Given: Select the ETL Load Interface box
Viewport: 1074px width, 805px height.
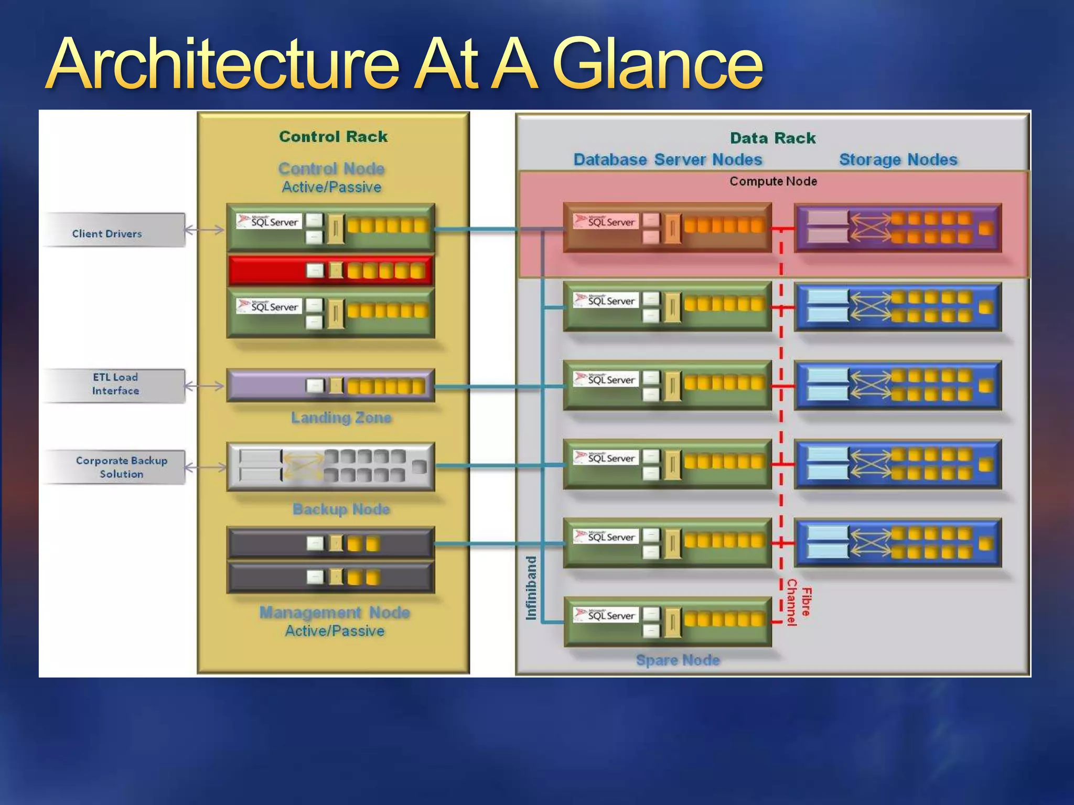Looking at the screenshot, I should (115, 385).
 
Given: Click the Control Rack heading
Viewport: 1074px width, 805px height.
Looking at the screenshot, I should (333, 137).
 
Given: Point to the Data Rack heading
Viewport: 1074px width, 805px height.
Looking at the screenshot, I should (772, 138).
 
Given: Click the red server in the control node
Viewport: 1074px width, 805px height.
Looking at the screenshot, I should (330, 270).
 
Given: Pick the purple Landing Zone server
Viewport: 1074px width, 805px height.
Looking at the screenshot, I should (330, 386).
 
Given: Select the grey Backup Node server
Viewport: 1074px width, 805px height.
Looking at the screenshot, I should (330, 466).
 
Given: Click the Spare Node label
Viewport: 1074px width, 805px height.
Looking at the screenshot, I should (678, 660).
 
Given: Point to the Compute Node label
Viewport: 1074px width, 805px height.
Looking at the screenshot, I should (772, 181).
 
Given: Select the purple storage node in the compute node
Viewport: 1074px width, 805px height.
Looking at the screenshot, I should (898, 229).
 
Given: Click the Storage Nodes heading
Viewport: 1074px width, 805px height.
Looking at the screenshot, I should (898, 160).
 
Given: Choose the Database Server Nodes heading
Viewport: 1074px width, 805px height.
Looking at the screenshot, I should (667, 160).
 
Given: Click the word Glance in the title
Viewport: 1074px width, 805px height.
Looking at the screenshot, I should (658, 65).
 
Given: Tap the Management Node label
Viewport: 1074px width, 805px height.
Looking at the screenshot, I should (335, 613).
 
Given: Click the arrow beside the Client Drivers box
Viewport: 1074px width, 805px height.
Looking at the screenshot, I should (205, 230).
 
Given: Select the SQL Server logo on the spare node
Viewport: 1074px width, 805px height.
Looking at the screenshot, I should (606, 615).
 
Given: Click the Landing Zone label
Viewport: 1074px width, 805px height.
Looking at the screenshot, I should (341, 418).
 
